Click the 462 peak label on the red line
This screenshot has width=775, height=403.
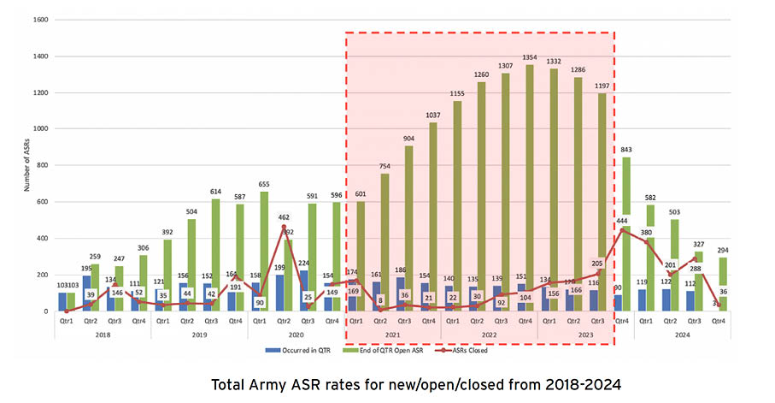[x=283, y=218]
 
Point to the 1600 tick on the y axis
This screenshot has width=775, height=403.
[x=38, y=20]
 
